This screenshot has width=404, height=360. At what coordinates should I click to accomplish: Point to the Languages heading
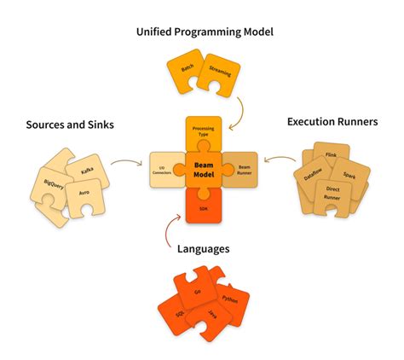pyautogui.click(x=202, y=249)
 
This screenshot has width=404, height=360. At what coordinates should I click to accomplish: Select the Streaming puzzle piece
pyautogui.click(x=221, y=83)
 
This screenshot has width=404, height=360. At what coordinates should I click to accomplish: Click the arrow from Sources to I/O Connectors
pyautogui.click(x=124, y=161)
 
